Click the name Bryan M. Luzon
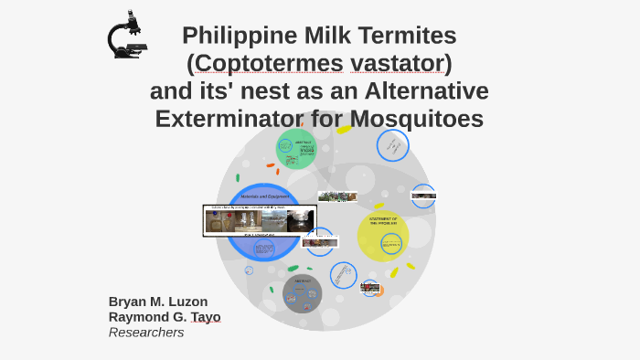coord(157,302)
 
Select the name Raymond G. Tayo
coord(165,317)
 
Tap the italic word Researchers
coord(146,333)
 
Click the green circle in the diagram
coord(296,149)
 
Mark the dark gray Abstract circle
coord(302,292)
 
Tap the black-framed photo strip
coord(260,220)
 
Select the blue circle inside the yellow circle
coord(391,243)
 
